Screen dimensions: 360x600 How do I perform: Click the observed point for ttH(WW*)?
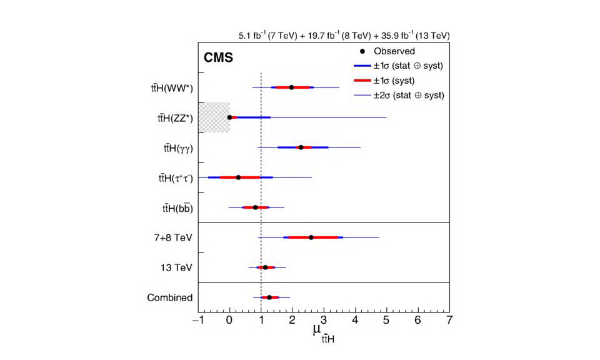(x=291, y=87)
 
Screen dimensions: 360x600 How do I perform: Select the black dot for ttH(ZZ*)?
(x=230, y=117)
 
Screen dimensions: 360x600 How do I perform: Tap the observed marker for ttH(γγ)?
(x=301, y=147)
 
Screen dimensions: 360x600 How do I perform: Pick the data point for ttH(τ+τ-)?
(x=238, y=177)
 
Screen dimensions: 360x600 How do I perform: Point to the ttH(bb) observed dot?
(x=255, y=207)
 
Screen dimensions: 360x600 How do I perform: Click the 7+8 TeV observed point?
(x=311, y=237)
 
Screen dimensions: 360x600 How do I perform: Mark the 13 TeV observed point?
(x=265, y=267)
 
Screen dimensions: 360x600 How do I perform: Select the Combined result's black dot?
(x=269, y=297)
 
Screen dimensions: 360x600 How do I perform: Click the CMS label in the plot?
(x=218, y=59)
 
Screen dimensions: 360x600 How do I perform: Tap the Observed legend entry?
(x=394, y=51)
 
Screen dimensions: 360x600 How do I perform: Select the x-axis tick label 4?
(x=356, y=321)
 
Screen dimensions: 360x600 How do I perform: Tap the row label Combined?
(x=169, y=298)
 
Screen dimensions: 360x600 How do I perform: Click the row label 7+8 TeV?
(x=175, y=238)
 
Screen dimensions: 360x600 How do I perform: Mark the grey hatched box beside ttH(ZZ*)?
(x=214, y=117)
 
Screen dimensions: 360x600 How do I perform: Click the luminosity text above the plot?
(x=343, y=36)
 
